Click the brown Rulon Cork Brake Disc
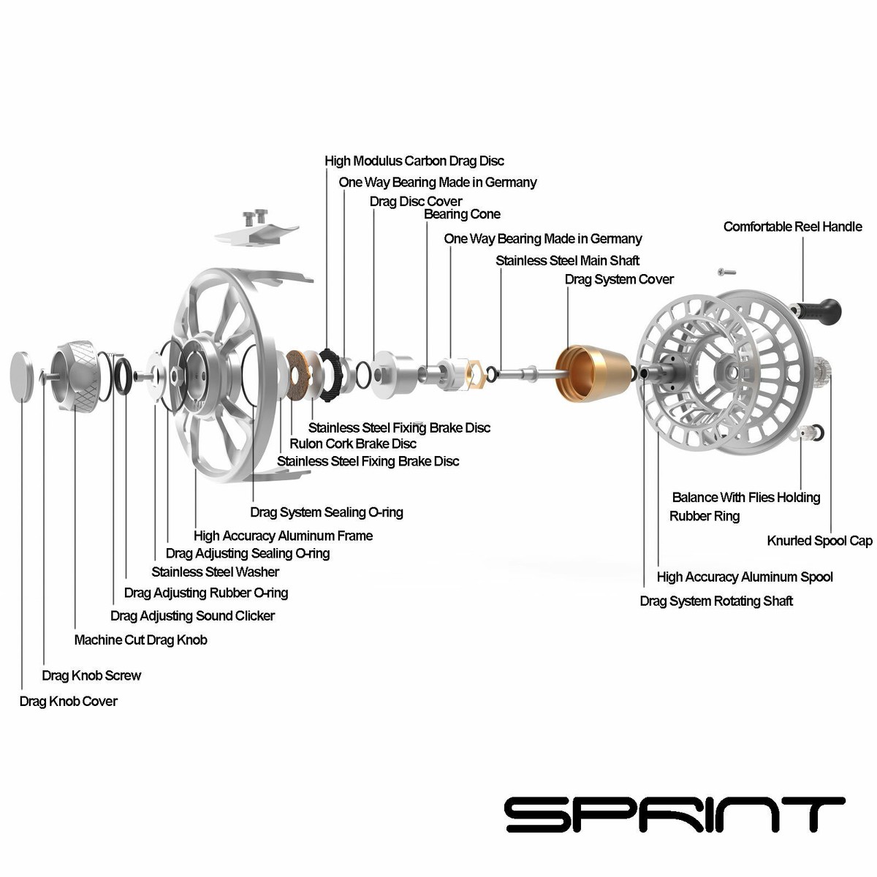pos(297,376)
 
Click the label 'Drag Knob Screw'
pos(91,676)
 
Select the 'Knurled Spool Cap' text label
pos(819,541)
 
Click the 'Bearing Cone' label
pos(462,214)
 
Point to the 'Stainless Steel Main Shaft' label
pos(567,261)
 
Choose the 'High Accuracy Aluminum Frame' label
pos(283,536)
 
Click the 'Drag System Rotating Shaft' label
pos(716,601)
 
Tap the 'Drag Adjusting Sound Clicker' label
pos(192,616)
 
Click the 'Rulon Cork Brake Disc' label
pos(353,444)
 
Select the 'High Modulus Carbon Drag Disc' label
pos(414,161)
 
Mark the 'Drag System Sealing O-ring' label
pos(326,512)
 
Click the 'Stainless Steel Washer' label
pos(215,572)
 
